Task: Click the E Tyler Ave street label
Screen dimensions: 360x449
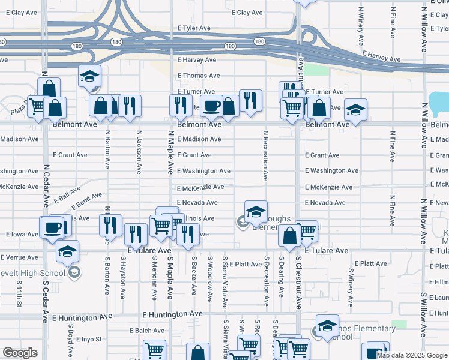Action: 194,28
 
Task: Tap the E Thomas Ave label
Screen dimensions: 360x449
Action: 198,76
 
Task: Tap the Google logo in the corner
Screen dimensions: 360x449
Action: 20,353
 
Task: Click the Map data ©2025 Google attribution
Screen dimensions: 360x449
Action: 411,355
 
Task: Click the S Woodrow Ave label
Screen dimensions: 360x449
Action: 209,277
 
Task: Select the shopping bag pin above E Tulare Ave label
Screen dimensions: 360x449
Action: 289,236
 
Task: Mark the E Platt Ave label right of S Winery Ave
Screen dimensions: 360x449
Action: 370,264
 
